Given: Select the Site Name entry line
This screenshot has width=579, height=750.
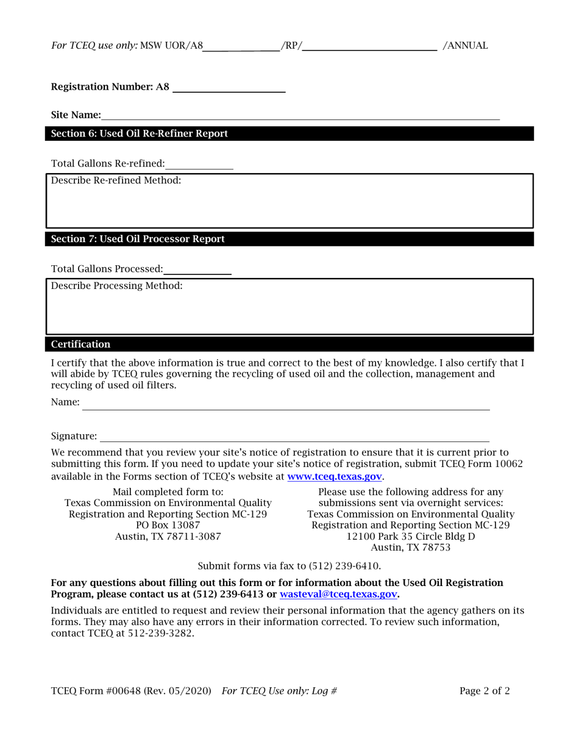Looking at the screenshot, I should pyautogui.click(x=300, y=115).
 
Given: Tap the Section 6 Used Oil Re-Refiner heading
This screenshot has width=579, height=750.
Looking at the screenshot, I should pyautogui.click(x=140, y=134).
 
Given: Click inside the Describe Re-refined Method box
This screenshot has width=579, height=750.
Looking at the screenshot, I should pyautogui.click(x=289, y=204).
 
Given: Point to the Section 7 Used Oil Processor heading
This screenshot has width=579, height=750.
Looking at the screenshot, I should pyautogui.click(x=138, y=239).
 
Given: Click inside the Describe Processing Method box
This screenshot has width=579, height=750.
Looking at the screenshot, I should pyautogui.click(x=289, y=310).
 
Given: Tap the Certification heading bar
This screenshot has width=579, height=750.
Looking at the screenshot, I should pyautogui.click(x=81, y=345).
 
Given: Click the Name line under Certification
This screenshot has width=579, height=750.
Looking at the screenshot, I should pyautogui.click(x=286, y=405).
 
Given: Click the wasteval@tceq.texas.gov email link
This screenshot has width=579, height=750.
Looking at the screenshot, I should pyautogui.click(x=338, y=594).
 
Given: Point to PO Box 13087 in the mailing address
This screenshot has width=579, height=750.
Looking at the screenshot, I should pyautogui.click(x=168, y=525).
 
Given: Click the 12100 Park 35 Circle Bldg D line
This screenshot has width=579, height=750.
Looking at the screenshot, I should pyautogui.click(x=411, y=537).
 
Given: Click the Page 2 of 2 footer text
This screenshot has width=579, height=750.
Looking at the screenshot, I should pyautogui.click(x=485, y=691).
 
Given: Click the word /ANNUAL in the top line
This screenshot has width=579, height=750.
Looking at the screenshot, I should pyautogui.click(x=466, y=46).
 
